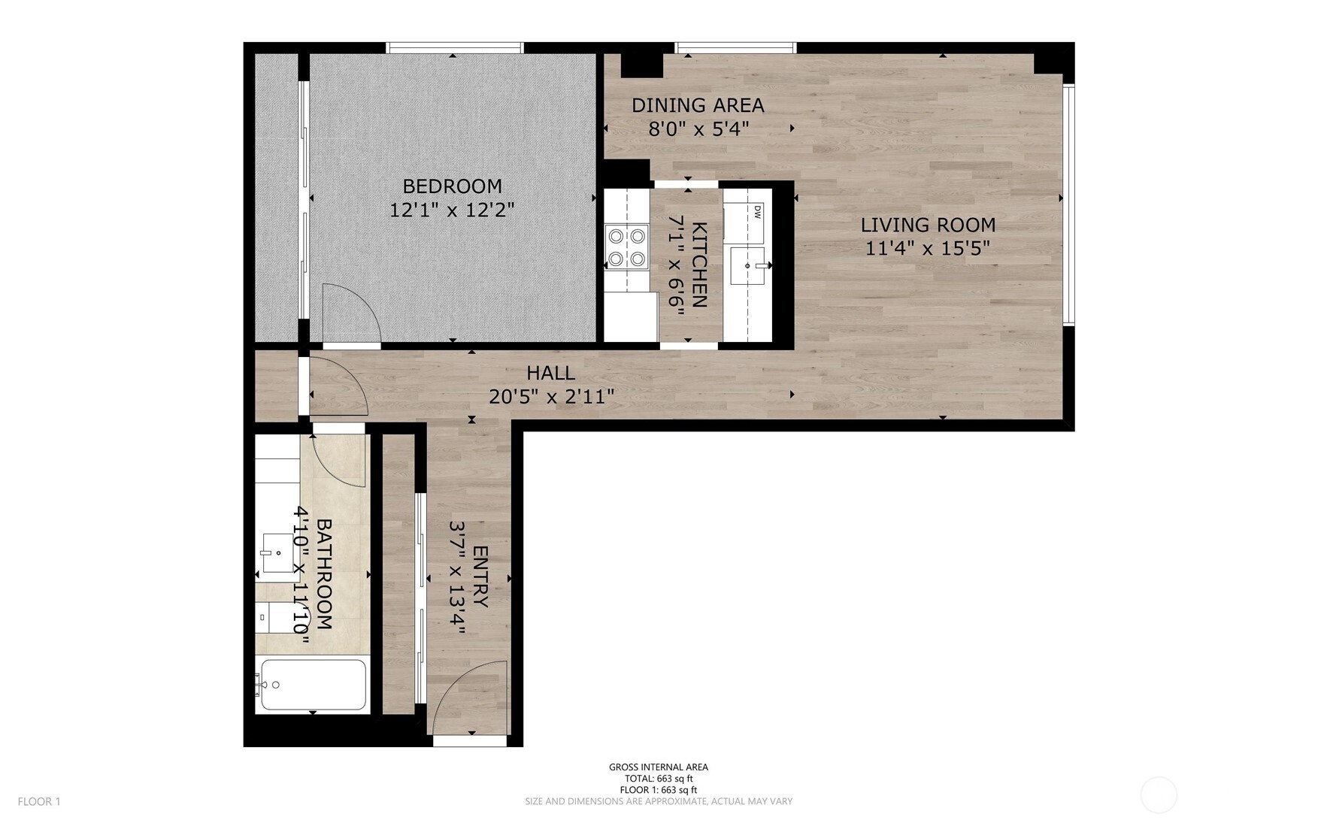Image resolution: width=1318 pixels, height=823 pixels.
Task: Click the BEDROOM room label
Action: point(452,186)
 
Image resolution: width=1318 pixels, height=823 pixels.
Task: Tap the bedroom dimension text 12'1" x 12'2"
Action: point(452,210)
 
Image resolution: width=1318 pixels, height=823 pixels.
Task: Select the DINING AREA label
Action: point(698,105)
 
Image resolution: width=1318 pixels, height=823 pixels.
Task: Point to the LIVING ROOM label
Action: point(928,225)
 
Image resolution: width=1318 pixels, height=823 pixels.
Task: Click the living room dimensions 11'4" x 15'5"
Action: point(928,248)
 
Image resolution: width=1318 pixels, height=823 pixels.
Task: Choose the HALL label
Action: point(550,373)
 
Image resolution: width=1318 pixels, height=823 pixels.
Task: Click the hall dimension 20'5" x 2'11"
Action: point(551,396)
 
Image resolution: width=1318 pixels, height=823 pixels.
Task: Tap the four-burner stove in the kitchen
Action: point(627,247)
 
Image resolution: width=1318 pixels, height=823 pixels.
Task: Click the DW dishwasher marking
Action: point(757,211)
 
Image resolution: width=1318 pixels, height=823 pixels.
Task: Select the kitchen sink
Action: point(747,266)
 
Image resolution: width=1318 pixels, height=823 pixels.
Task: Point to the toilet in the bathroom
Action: point(272,618)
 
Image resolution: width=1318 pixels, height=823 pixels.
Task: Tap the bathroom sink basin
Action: point(276,553)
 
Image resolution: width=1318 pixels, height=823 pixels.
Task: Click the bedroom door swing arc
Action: point(350,311)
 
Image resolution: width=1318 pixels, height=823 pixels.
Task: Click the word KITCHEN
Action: point(698,265)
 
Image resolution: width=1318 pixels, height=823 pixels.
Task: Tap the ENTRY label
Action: point(480,577)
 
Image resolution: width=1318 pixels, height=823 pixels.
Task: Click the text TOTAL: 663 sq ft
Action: point(658,779)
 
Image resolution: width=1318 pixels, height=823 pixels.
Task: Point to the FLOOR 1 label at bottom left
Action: point(39,801)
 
